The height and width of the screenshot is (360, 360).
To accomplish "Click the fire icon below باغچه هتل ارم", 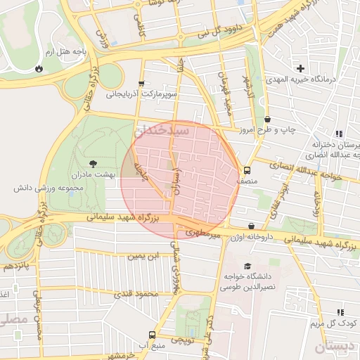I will coord(38,69).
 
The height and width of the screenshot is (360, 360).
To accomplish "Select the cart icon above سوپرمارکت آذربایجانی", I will coord(143,83).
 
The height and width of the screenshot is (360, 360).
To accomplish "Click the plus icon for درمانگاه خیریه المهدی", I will coord(300,68).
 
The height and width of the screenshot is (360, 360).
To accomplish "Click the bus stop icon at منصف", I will coord(246,170).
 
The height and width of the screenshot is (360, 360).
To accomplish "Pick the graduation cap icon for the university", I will coord(247,266).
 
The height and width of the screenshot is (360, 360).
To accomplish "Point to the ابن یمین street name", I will coord(144,257).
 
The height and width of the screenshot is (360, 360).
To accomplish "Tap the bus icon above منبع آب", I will coord(153,335).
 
